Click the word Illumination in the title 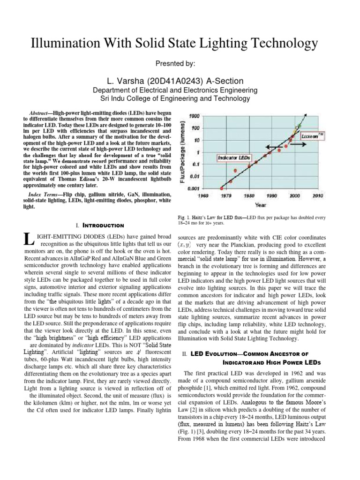coord(60,44)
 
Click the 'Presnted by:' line coord(180,63)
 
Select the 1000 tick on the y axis coord(194,116)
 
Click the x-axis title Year coord(261,204)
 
